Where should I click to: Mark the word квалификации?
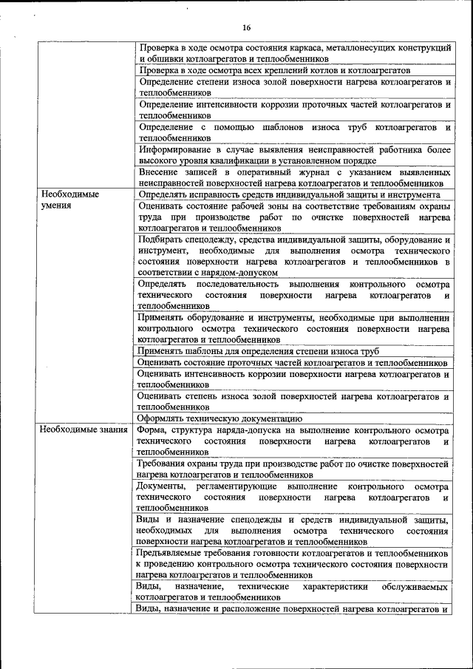coord(242,160)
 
